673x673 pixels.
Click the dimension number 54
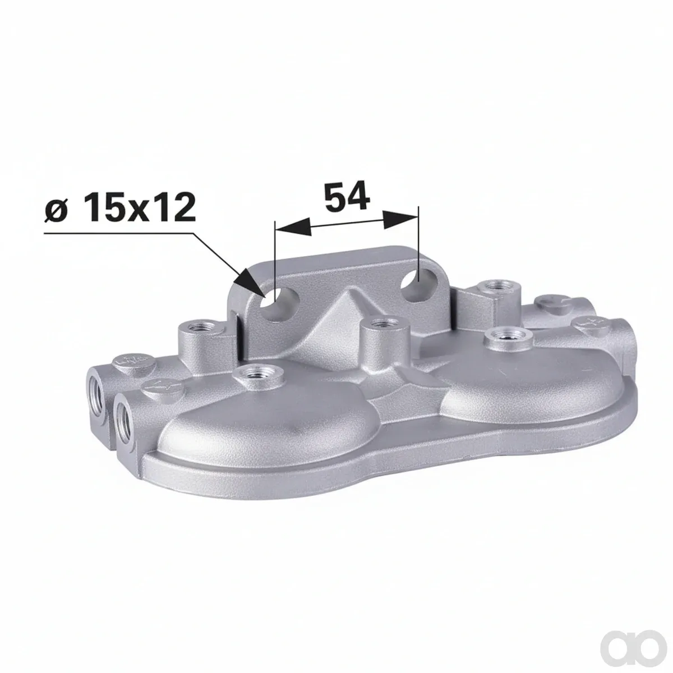pyautogui.click(x=347, y=197)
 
